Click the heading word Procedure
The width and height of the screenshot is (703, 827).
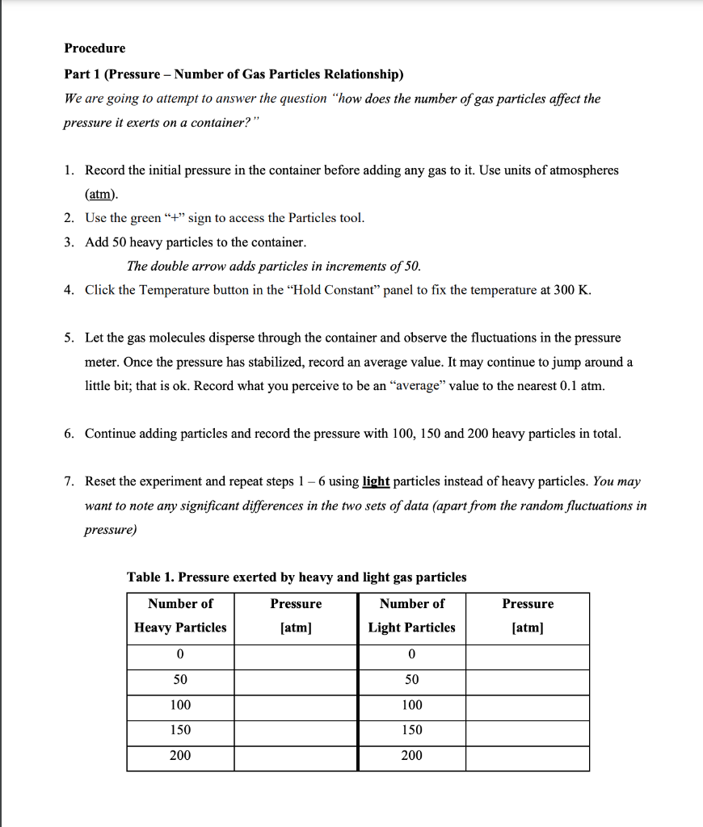[95, 48]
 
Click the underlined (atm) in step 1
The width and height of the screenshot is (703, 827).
[101, 195]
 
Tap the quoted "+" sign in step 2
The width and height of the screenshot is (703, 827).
[175, 218]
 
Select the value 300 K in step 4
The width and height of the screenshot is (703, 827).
[572, 291]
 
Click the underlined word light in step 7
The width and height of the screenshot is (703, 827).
[376, 481]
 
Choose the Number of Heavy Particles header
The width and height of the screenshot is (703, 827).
[180, 615]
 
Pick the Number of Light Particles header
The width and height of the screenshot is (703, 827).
[411, 615]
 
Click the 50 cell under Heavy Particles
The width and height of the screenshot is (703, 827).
[180, 679]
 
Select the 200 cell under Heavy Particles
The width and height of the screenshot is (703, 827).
[180, 756]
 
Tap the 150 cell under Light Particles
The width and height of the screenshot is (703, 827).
[411, 730]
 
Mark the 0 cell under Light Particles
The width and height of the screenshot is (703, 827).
[411, 653]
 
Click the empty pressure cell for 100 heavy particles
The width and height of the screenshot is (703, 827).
[296, 705]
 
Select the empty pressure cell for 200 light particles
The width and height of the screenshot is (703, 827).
[527, 756]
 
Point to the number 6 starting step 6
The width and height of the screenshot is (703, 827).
[69, 434]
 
